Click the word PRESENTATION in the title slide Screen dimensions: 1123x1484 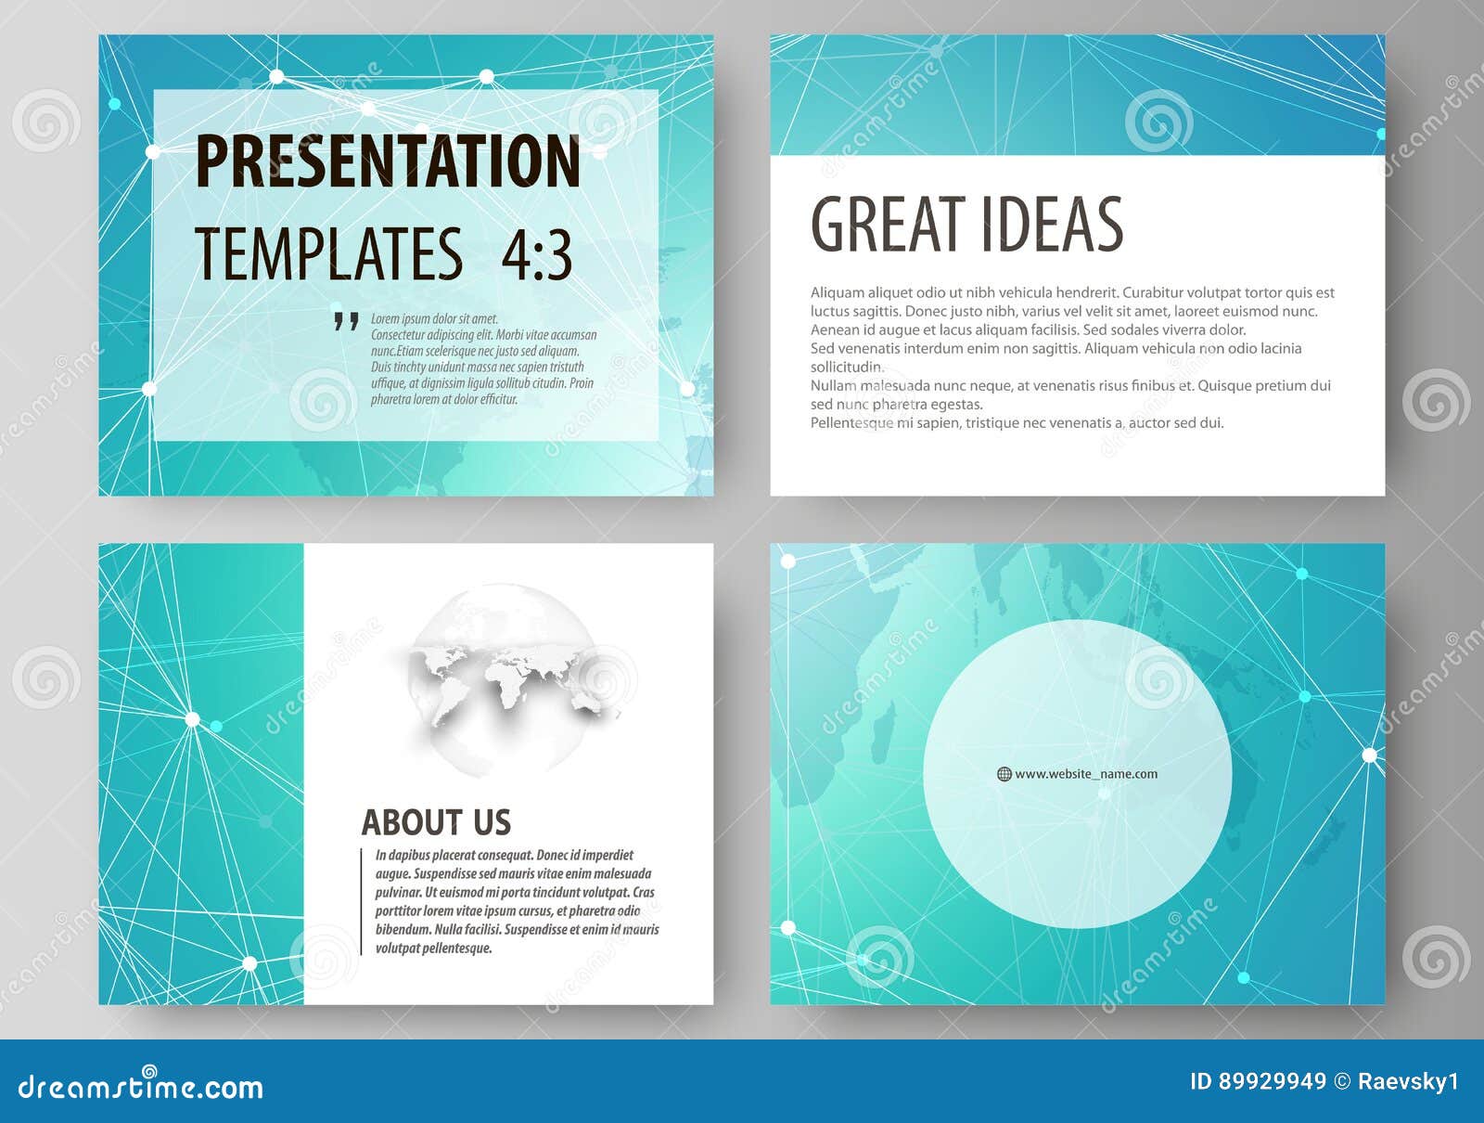(x=388, y=161)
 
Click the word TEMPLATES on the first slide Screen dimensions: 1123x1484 (x=328, y=253)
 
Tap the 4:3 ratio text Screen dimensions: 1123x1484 (x=536, y=253)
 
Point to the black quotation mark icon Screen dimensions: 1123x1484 (x=346, y=322)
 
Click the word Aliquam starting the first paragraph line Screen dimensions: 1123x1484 (x=836, y=292)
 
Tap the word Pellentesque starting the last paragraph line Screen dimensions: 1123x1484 (x=852, y=422)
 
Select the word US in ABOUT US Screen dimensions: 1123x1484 (x=492, y=822)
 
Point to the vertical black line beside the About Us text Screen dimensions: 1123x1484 (x=361, y=900)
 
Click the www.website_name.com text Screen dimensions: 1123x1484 (x=1086, y=774)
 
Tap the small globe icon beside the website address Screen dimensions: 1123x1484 (x=1004, y=774)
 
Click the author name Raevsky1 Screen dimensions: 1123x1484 (x=1408, y=1081)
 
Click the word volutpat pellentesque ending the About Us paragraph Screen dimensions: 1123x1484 (x=433, y=949)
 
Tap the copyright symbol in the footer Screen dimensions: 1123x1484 (x=1342, y=1081)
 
